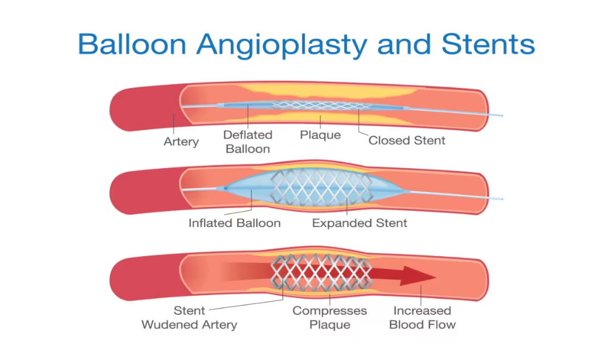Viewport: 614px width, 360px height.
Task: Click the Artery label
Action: click(181, 141)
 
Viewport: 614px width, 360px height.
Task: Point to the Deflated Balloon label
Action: click(247, 141)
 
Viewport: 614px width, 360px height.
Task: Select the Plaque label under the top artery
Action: click(320, 134)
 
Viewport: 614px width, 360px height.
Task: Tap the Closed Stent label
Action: click(407, 140)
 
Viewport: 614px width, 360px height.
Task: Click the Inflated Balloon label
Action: click(234, 223)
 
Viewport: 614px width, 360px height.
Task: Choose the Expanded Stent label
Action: click(360, 223)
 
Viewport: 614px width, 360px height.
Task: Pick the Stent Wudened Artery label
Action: click(189, 318)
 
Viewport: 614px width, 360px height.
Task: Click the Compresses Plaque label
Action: click(330, 318)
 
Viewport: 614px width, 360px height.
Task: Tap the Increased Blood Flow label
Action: click(422, 318)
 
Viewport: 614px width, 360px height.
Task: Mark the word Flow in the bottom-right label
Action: click(441, 324)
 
